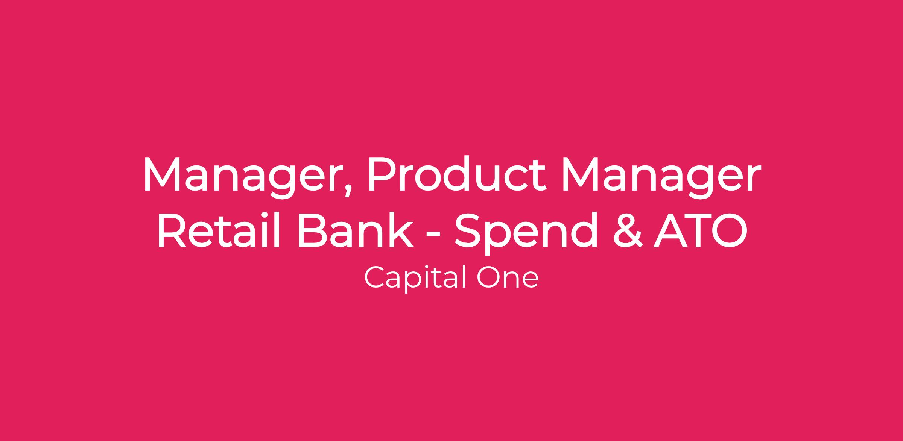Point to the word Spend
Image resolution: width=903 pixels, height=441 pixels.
[526, 233]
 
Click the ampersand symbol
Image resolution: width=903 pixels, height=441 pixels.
[627, 230]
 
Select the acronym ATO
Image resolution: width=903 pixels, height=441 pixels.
[700, 230]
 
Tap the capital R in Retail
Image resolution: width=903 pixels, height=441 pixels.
[172, 230]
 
